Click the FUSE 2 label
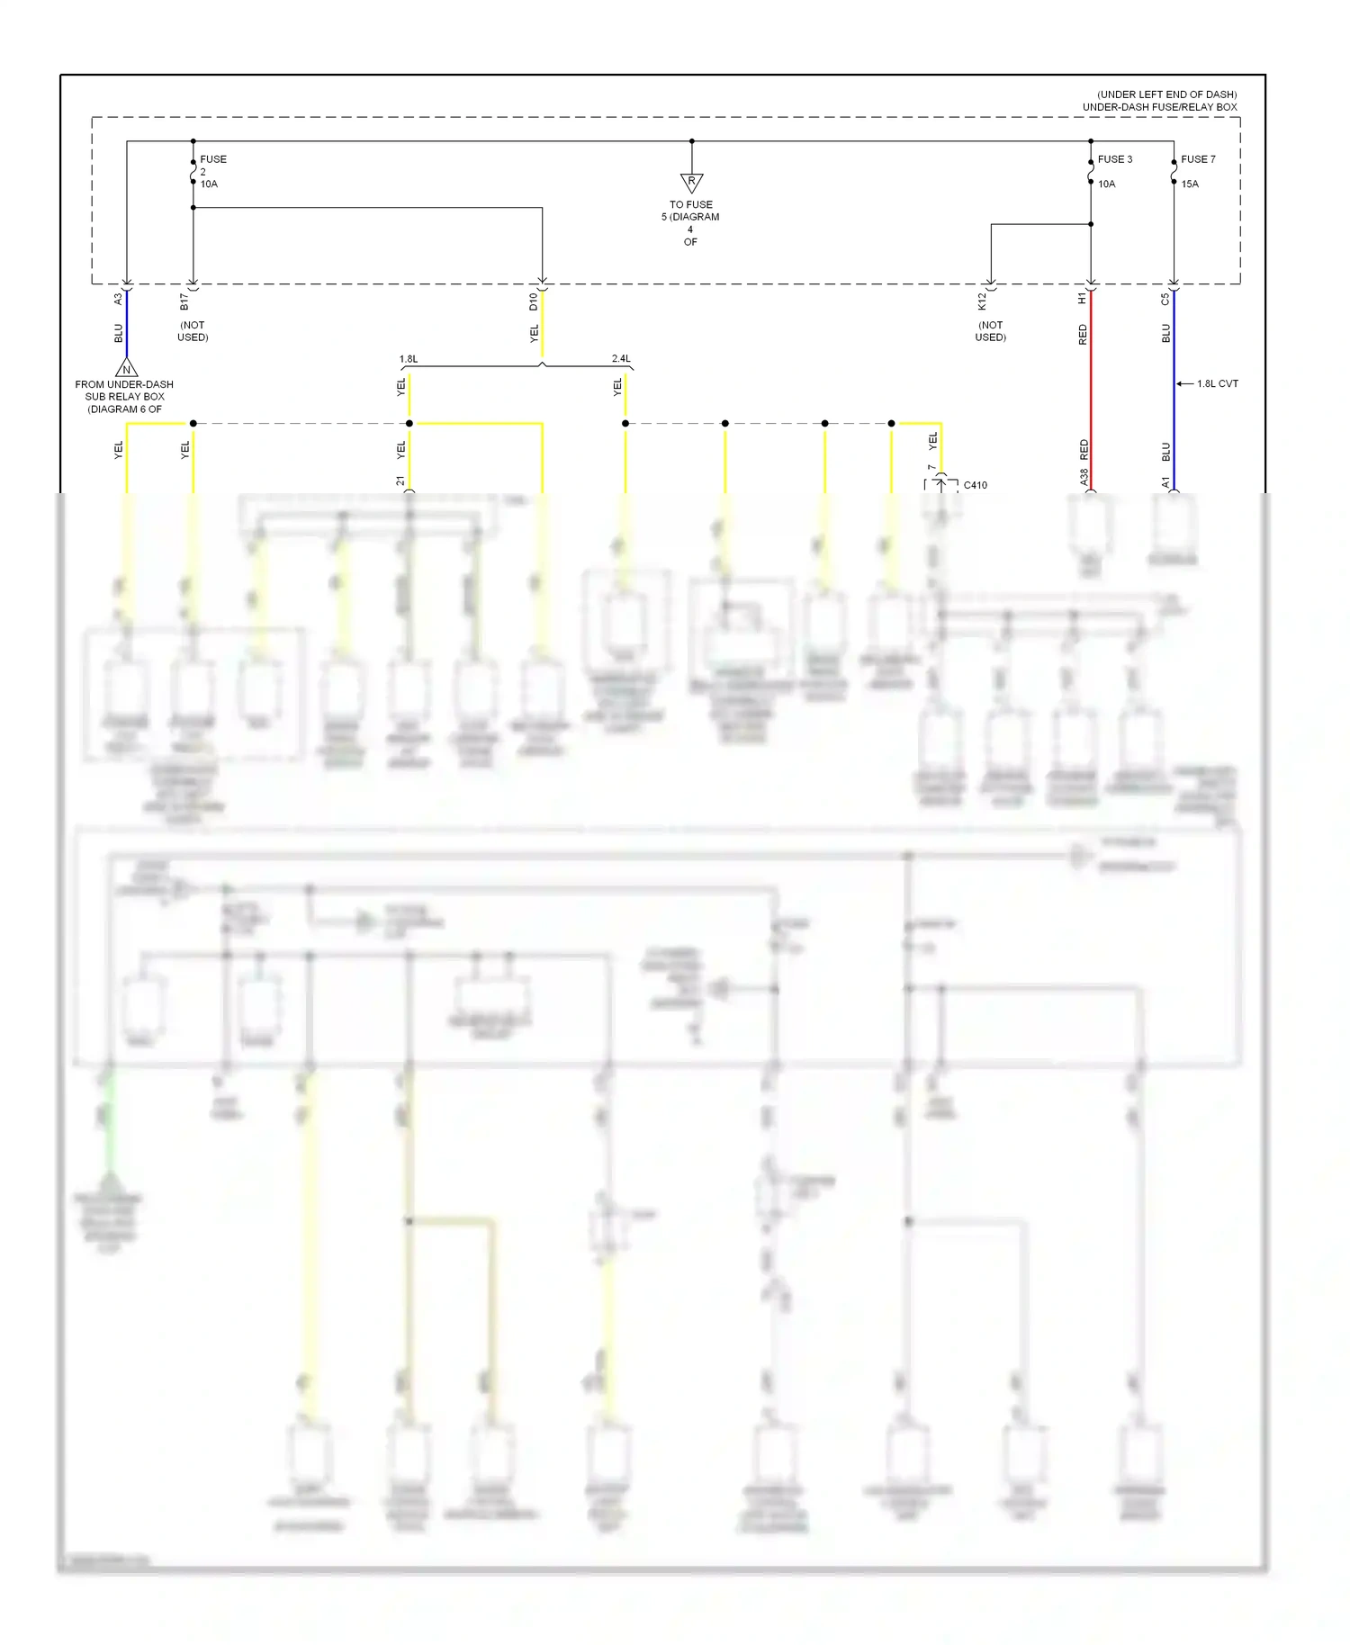point(212,159)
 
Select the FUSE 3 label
point(1114,159)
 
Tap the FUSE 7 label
point(1198,159)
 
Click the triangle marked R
point(691,183)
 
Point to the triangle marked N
point(127,369)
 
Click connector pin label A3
point(118,299)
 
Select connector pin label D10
point(533,301)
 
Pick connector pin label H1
point(1082,299)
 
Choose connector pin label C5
point(1165,299)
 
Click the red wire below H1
point(1091,396)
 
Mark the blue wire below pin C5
point(1174,414)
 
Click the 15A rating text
point(1190,184)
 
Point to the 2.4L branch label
point(621,359)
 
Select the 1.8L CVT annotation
point(1217,384)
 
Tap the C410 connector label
point(975,486)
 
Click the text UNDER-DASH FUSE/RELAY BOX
point(1159,107)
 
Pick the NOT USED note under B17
point(193,331)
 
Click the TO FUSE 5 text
point(690,211)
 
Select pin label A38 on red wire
point(1084,477)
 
